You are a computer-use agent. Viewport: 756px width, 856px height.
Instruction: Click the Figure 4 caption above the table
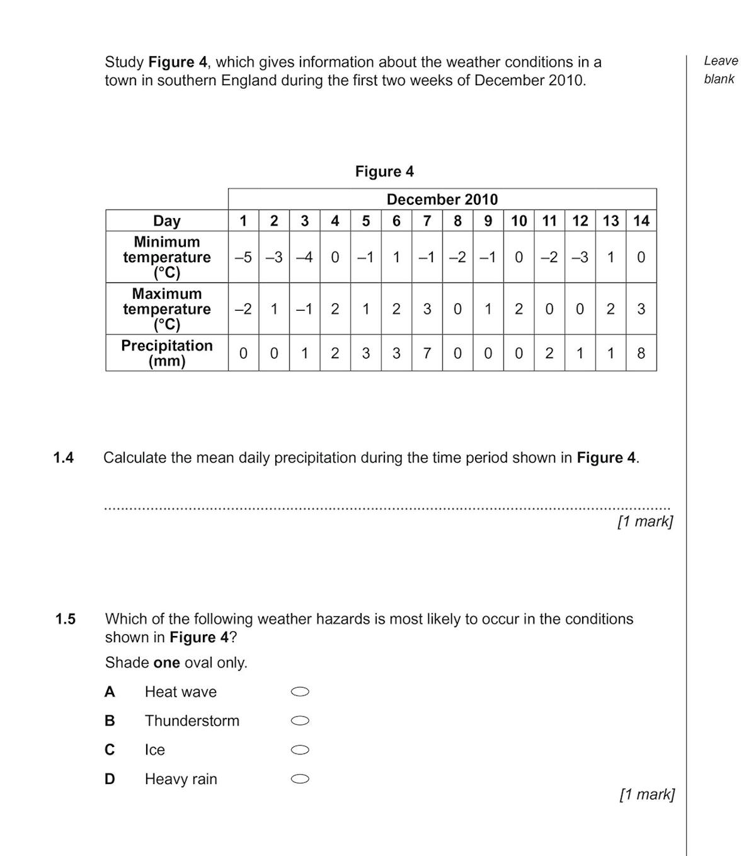[x=384, y=171]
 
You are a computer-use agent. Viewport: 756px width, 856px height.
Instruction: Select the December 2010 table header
[x=442, y=199]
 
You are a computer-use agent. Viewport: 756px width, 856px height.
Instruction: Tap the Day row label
[x=166, y=221]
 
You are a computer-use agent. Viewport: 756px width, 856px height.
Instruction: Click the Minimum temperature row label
[x=166, y=257]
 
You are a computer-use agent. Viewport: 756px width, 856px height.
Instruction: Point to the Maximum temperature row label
[x=166, y=309]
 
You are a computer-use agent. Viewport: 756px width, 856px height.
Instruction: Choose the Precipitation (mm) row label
[x=166, y=353]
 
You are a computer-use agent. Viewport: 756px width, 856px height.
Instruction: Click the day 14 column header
[x=641, y=221]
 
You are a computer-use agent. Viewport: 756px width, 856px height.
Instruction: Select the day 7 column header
[x=427, y=221]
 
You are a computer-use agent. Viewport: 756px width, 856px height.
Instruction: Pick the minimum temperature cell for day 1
[x=243, y=257]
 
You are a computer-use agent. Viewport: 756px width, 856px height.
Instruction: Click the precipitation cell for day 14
[x=641, y=353]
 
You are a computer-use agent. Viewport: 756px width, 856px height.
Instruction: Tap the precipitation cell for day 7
[x=427, y=353]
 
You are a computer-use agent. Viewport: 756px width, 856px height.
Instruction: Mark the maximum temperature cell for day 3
[x=304, y=309]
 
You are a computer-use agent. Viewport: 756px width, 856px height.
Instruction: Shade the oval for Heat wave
[x=301, y=692]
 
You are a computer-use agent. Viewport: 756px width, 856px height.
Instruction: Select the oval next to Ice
[x=301, y=750]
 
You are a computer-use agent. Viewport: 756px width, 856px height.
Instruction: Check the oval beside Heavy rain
[x=301, y=779]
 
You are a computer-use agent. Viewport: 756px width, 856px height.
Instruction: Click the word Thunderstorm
[x=192, y=721]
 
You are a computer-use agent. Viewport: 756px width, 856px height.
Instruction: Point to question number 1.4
[x=64, y=458]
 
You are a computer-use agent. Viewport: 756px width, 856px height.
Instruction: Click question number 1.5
[x=66, y=619]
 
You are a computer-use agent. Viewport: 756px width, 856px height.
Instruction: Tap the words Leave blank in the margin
[x=721, y=70]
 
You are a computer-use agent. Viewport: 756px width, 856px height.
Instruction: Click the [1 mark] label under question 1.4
[x=645, y=521]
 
